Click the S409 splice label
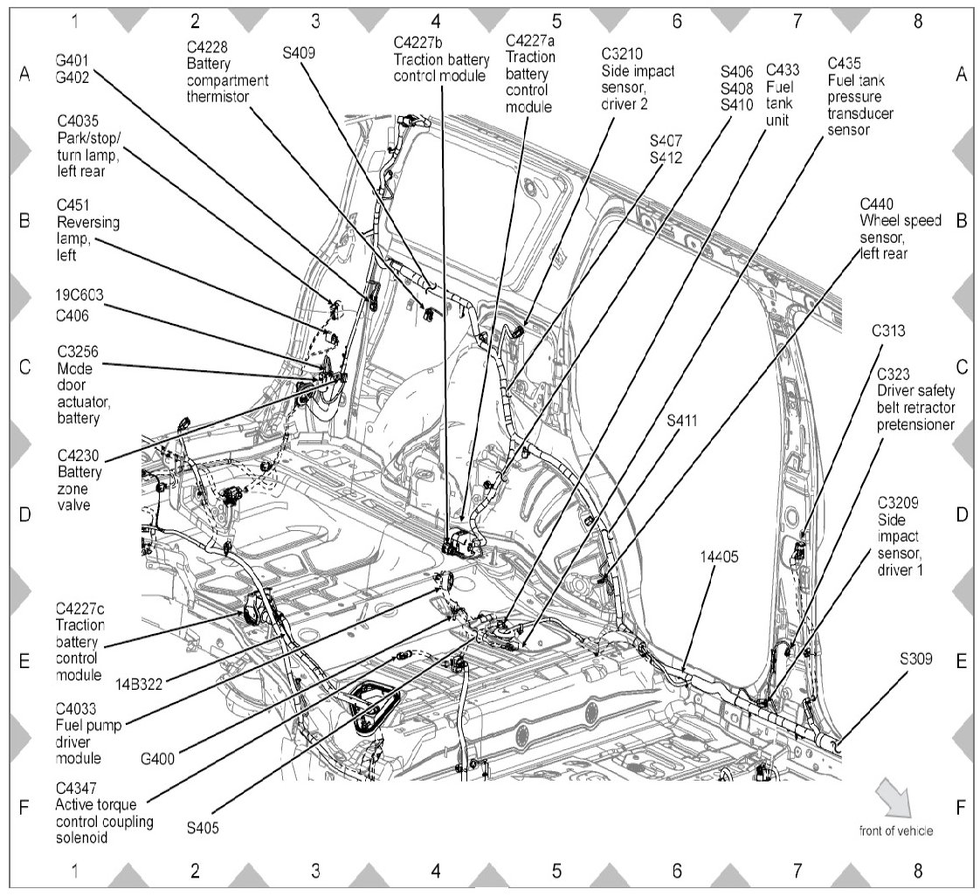300,52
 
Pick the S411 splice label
681,420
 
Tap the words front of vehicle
895,831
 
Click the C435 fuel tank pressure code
845,63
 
